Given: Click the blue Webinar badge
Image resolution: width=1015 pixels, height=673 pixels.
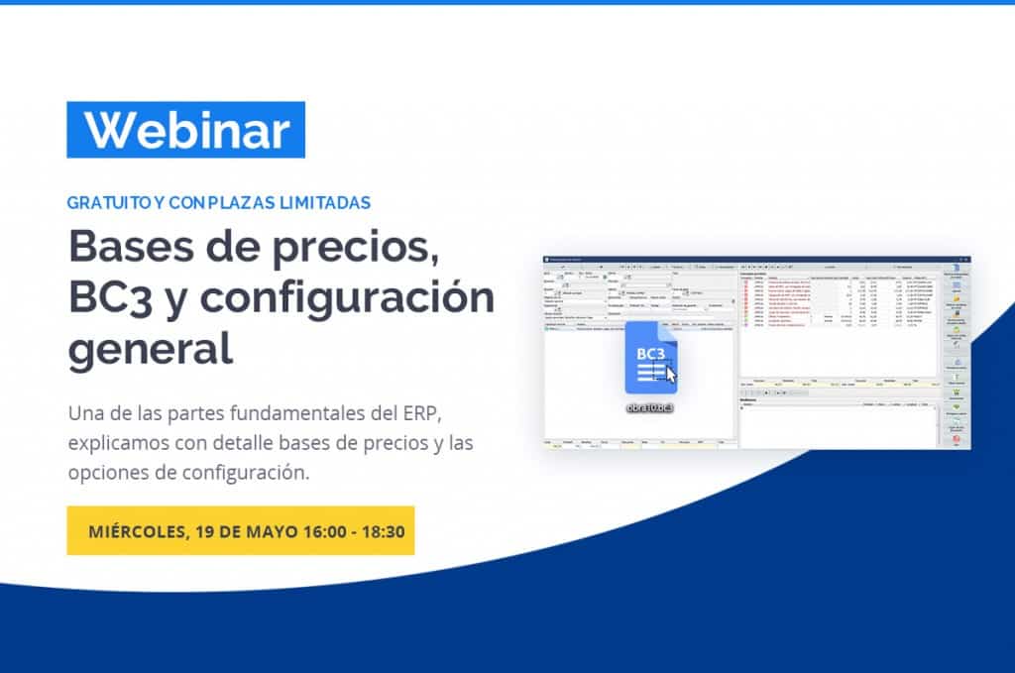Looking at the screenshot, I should tap(185, 130).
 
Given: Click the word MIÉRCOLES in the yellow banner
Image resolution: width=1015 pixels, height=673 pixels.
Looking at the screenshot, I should tap(134, 530).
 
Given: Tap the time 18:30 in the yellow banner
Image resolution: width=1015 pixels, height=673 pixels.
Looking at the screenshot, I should tap(381, 530).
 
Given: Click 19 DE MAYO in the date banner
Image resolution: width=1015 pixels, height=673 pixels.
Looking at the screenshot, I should tap(236, 530).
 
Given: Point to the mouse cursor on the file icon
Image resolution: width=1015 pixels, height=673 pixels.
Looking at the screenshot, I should tap(670, 376).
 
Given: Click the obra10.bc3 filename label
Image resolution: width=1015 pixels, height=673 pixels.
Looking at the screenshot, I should tap(651, 407).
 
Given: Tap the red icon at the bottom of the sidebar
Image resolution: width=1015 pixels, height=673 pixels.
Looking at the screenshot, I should tap(956, 439).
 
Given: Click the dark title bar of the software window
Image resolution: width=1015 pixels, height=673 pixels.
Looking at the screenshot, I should tap(743, 259).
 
